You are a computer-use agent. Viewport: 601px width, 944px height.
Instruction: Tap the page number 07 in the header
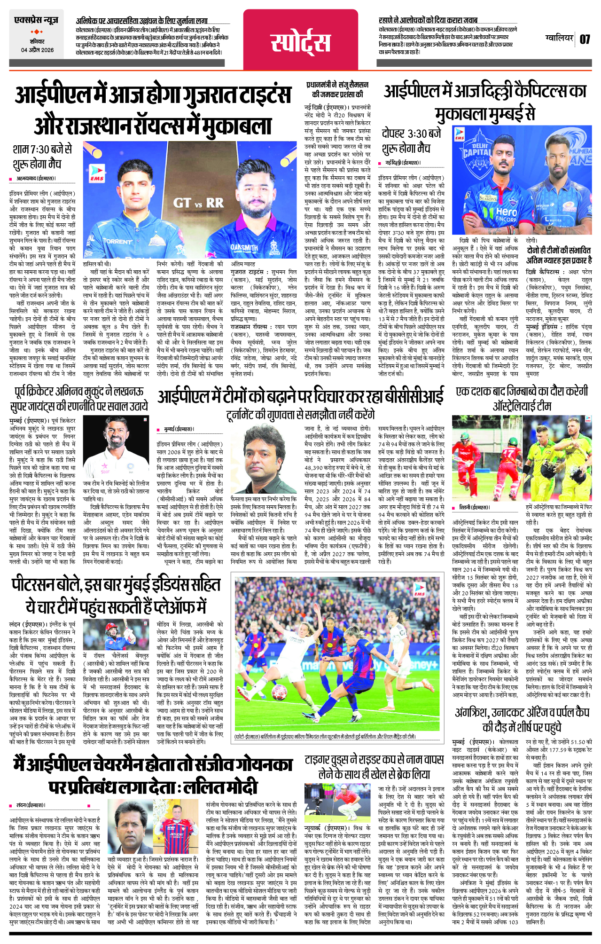pos(585,39)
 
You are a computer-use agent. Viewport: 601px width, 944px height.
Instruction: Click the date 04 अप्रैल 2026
pos(37,50)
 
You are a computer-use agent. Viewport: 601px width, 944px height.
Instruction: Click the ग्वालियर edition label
pos(559,38)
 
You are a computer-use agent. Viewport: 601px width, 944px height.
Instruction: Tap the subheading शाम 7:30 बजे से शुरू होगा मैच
pos(42,157)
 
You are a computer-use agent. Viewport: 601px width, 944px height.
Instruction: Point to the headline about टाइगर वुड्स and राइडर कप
pos(374,767)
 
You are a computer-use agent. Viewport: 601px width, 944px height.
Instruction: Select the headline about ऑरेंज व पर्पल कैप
pos(522,720)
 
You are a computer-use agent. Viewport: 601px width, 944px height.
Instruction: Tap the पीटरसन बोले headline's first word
pos(47,585)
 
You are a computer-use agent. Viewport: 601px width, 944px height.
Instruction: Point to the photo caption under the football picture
pos(324,736)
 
